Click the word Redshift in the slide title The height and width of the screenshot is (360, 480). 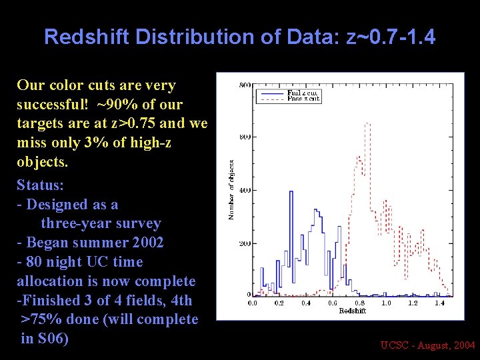point(87,37)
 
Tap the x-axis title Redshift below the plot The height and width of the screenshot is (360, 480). point(352,311)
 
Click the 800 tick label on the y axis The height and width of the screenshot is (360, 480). point(245,85)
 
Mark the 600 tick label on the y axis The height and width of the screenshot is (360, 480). point(245,137)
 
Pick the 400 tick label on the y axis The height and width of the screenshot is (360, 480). point(245,190)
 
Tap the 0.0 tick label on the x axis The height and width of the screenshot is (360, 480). point(253,303)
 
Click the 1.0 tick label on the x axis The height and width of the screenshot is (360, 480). point(386,303)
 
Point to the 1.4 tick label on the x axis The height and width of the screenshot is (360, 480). point(439,303)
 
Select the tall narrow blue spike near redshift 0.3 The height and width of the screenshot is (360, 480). point(291,193)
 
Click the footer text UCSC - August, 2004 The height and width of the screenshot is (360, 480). point(427,345)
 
